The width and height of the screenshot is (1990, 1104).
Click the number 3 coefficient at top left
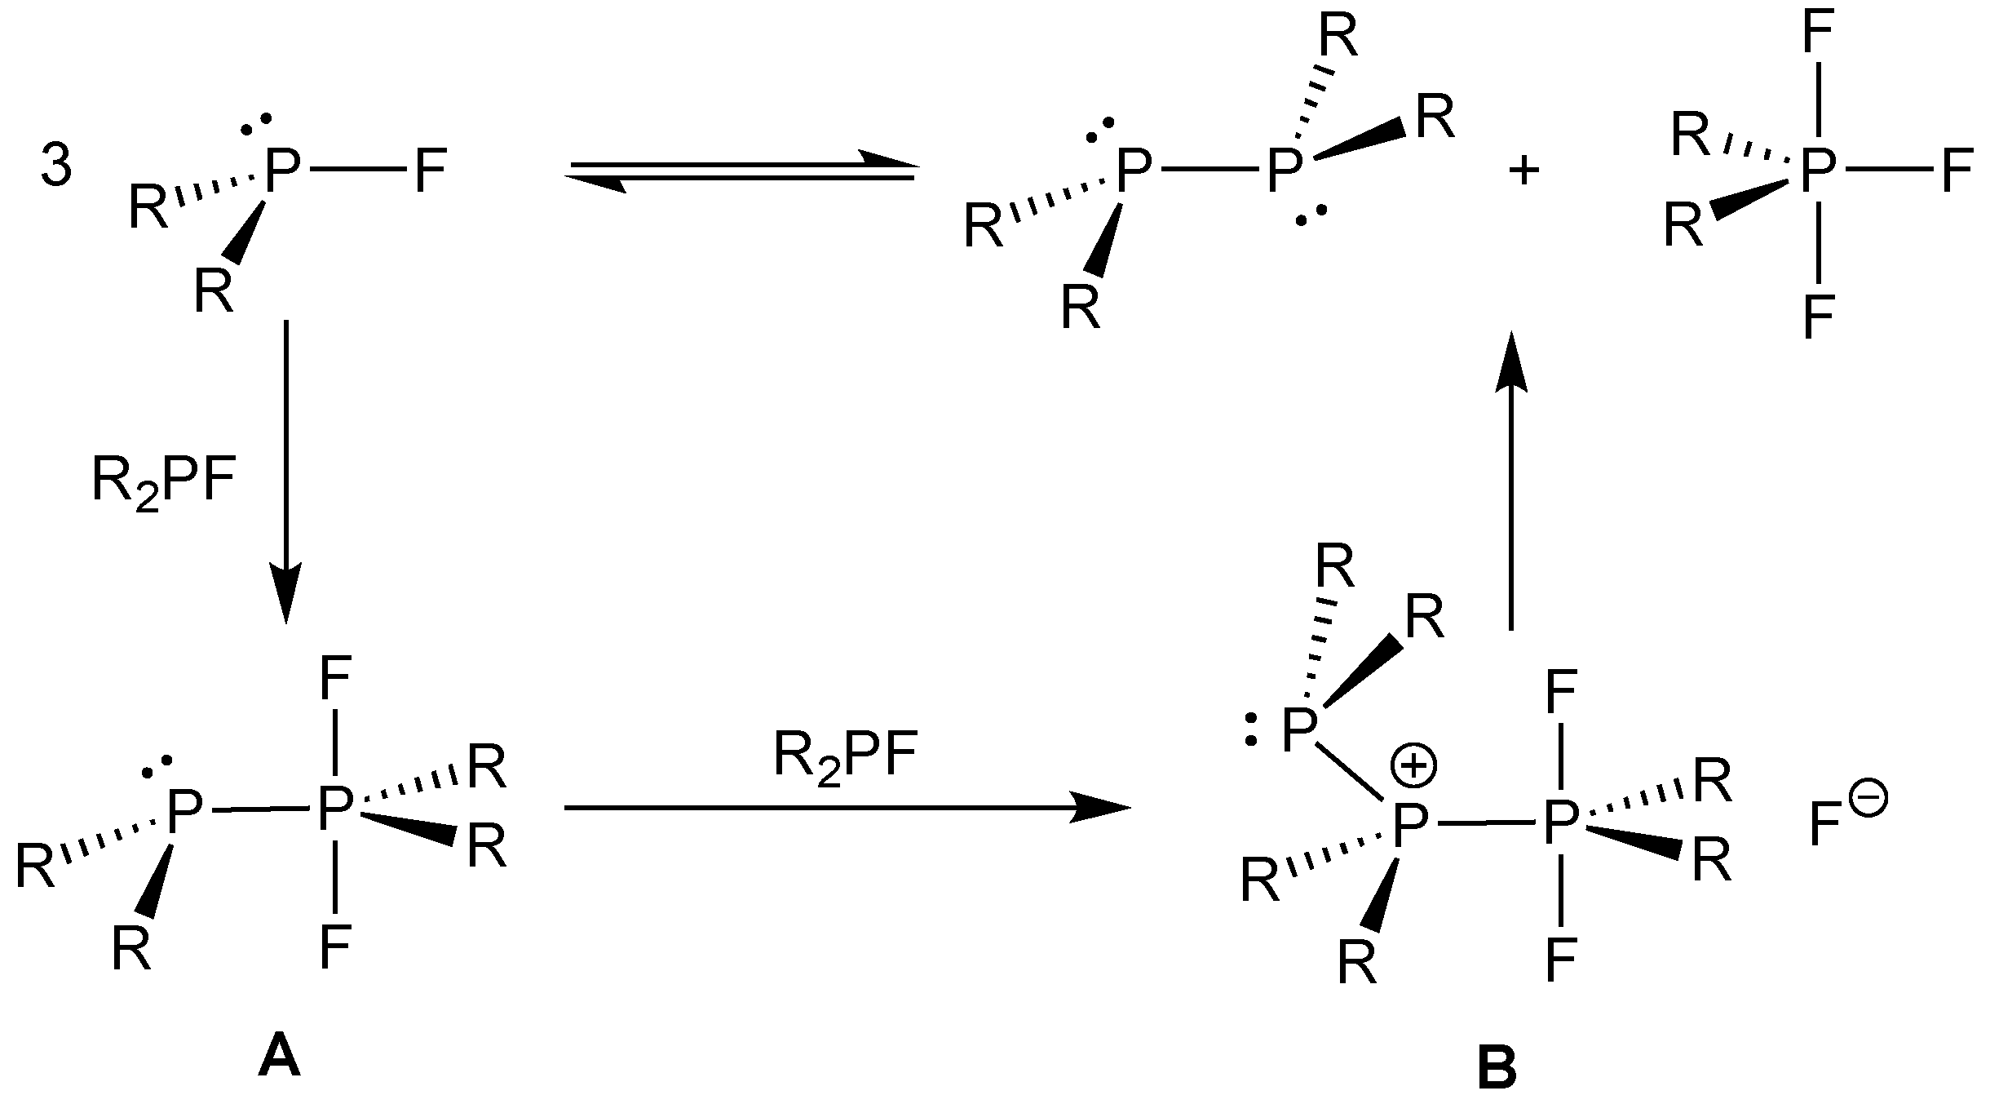[x=56, y=169]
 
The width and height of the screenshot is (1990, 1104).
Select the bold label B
[x=1497, y=1069]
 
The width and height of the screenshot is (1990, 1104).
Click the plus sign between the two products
[x=1523, y=172]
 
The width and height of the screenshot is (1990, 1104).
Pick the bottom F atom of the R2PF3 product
[x=1818, y=317]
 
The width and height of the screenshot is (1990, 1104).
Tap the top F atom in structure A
[x=335, y=679]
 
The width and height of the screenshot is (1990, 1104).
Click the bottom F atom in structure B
[x=1560, y=961]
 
